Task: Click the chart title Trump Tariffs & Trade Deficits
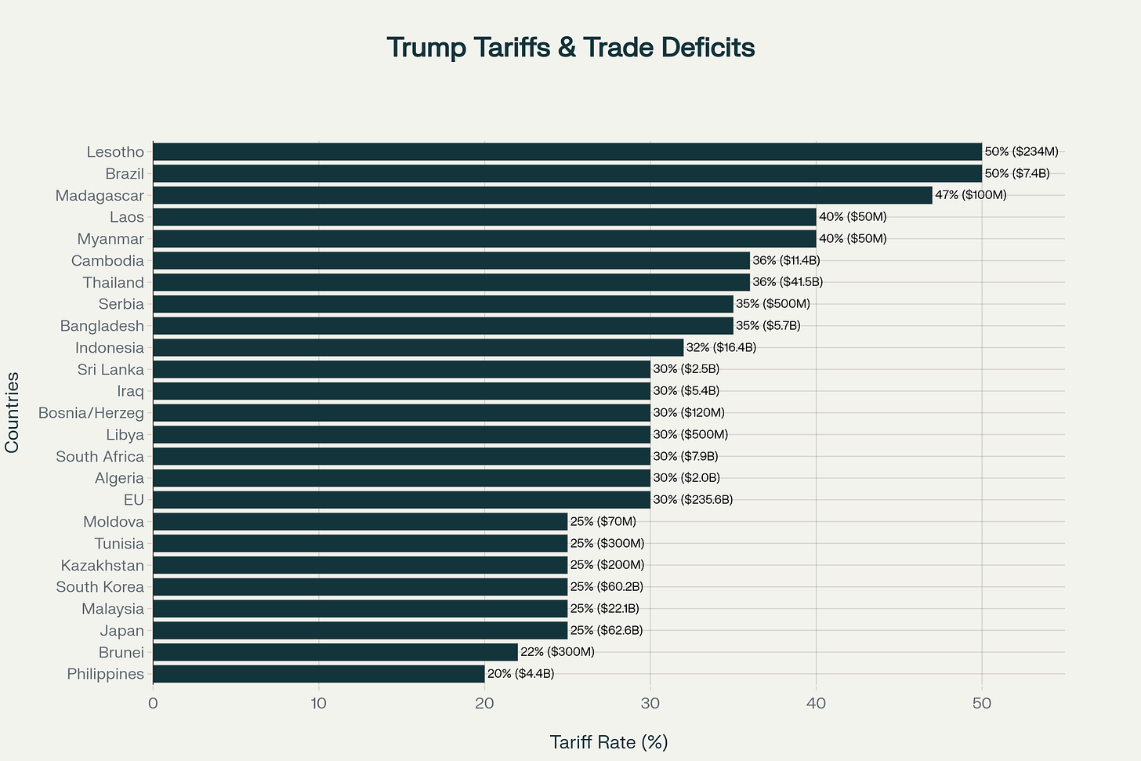click(570, 48)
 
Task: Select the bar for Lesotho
click(567, 152)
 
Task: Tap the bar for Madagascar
click(542, 195)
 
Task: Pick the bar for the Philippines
click(318, 674)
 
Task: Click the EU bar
click(401, 500)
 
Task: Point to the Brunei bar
click(335, 652)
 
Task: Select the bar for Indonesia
click(418, 347)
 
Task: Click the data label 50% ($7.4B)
click(1016, 173)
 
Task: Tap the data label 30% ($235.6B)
click(692, 500)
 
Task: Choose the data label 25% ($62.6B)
click(606, 630)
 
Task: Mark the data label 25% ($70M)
click(603, 521)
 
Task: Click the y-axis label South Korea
click(100, 587)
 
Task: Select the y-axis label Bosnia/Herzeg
click(91, 413)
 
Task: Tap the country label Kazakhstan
click(103, 565)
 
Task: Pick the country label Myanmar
click(110, 239)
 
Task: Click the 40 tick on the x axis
click(816, 704)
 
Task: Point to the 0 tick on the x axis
click(153, 704)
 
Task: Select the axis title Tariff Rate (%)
click(608, 742)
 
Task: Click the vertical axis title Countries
click(12, 412)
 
